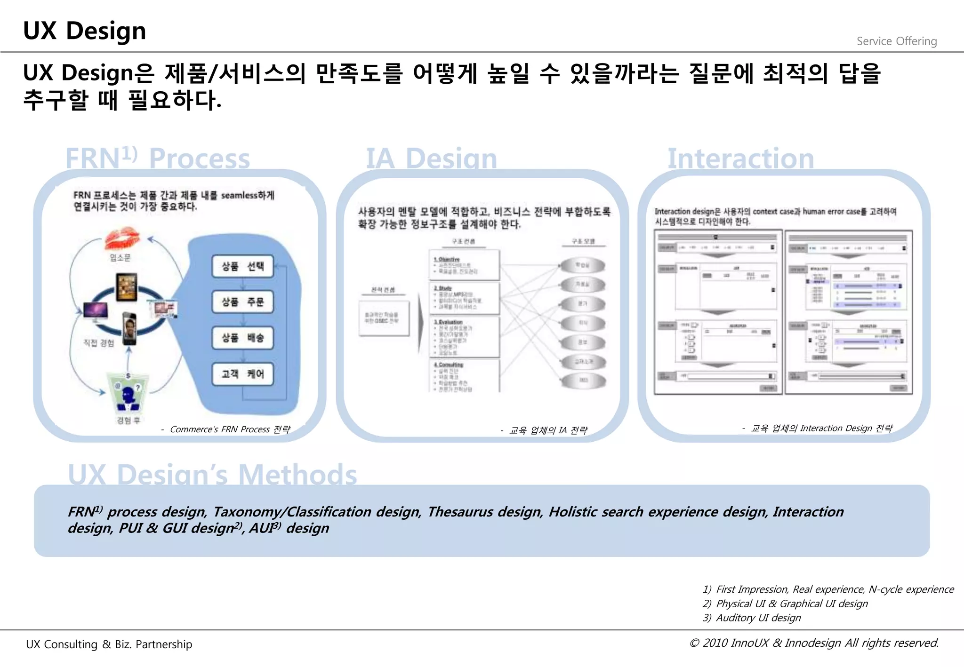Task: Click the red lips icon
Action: [x=122, y=238]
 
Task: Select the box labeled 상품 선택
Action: [x=242, y=266]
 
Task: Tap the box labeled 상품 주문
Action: [x=242, y=302]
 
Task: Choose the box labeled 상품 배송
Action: [x=242, y=338]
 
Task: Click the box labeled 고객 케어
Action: [x=242, y=374]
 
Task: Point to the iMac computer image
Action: [x=96, y=311]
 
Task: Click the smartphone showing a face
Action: [x=129, y=327]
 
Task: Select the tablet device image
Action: [x=127, y=286]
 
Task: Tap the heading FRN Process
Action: [x=157, y=158]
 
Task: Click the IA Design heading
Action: [x=431, y=158]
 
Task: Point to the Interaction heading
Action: [x=740, y=158]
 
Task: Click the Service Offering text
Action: [x=896, y=41]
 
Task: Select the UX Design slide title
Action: [x=85, y=31]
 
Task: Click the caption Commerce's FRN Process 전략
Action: [x=230, y=429]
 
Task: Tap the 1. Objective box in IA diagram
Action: [x=464, y=265]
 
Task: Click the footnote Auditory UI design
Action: [x=758, y=618]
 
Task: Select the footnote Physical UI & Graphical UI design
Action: [x=791, y=603]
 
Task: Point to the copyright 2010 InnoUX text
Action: [x=814, y=643]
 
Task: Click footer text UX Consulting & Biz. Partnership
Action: [x=109, y=644]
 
